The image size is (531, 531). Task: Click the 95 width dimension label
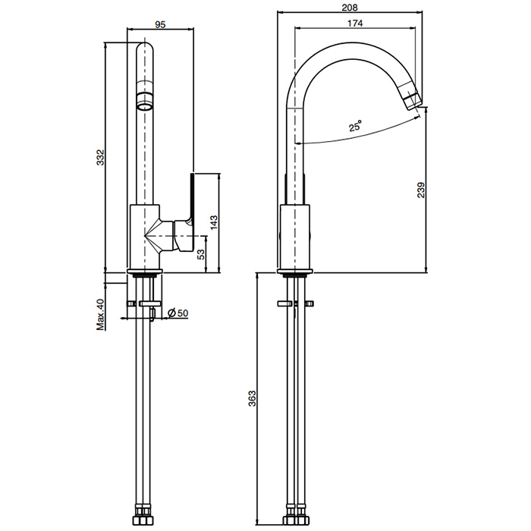coord(160,24)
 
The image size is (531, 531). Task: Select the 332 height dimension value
coord(101,158)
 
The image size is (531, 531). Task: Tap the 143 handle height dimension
coord(215,223)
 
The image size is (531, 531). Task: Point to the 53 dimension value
coord(201,254)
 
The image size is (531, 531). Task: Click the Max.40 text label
coord(101,314)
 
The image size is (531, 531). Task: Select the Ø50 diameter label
coord(178,313)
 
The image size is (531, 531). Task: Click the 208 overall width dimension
coord(350,7)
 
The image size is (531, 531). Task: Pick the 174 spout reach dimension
coord(355,23)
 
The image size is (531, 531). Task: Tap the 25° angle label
coord(356,126)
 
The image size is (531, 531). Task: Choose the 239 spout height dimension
coord(421,190)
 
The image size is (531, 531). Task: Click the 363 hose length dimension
coord(253,398)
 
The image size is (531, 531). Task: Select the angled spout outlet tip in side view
coord(413,101)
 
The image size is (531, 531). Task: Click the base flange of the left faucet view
coord(145,272)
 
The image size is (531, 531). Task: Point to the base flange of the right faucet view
coord(295,272)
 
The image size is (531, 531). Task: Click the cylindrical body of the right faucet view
coord(295,237)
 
